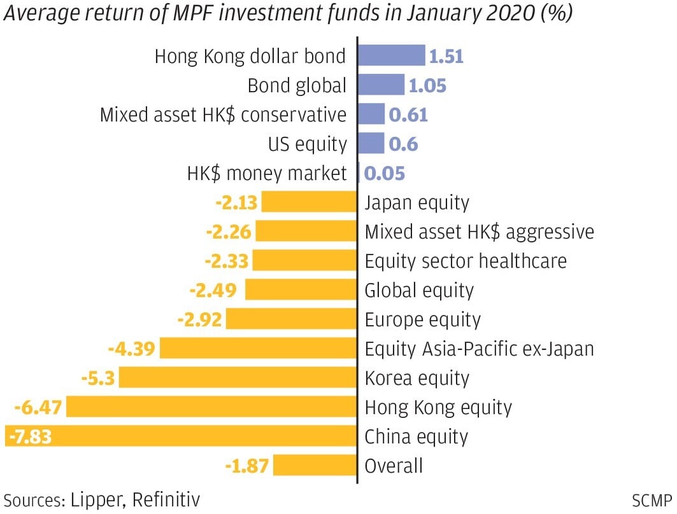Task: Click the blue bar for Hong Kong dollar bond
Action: coord(390,56)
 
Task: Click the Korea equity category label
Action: coord(417,379)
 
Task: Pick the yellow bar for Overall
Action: coord(315,466)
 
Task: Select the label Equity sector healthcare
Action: coord(465,261)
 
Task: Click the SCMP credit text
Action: coord(652,499)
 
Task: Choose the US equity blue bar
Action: coord(371,144)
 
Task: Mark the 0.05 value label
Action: coord(385,173)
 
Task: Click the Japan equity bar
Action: coord(309,203)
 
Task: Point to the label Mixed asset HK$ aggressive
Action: coord(479,232)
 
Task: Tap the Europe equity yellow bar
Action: coord(291,319)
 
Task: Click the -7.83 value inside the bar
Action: coord(29,437)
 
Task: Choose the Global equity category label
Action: coord(419,291)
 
